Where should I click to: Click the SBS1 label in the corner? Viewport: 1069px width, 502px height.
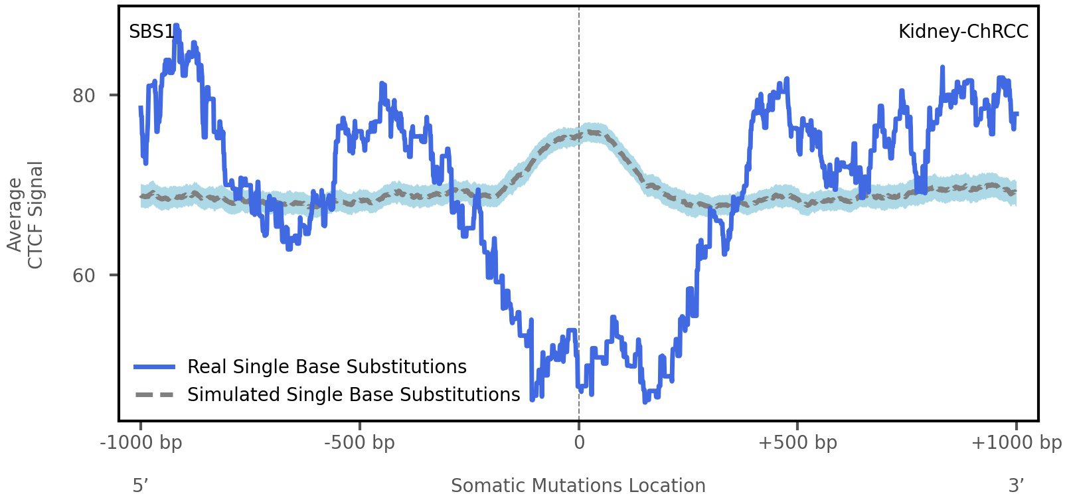151,32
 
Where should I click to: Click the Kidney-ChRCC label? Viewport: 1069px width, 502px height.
963,32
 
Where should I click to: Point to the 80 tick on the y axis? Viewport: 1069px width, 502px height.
84,96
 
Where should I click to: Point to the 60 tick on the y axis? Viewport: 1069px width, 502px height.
84,276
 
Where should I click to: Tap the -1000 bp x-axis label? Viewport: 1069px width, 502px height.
141,442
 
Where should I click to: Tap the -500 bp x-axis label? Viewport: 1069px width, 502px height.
359,442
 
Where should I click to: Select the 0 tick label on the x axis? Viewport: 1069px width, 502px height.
579,442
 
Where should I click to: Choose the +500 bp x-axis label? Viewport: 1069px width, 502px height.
797,442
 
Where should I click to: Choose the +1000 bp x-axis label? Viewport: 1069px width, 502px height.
1016,442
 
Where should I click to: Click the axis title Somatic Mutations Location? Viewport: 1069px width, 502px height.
578,486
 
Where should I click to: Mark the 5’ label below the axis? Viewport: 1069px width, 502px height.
139,486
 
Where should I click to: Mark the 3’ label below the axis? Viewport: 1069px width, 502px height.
1016,486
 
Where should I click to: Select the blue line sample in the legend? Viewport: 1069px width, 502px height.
154,367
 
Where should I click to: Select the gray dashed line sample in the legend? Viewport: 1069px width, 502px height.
154,395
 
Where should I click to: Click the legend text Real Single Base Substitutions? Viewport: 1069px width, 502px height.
327,367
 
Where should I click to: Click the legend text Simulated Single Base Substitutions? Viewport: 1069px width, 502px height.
353,395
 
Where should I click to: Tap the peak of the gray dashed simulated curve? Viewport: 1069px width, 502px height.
588,133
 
